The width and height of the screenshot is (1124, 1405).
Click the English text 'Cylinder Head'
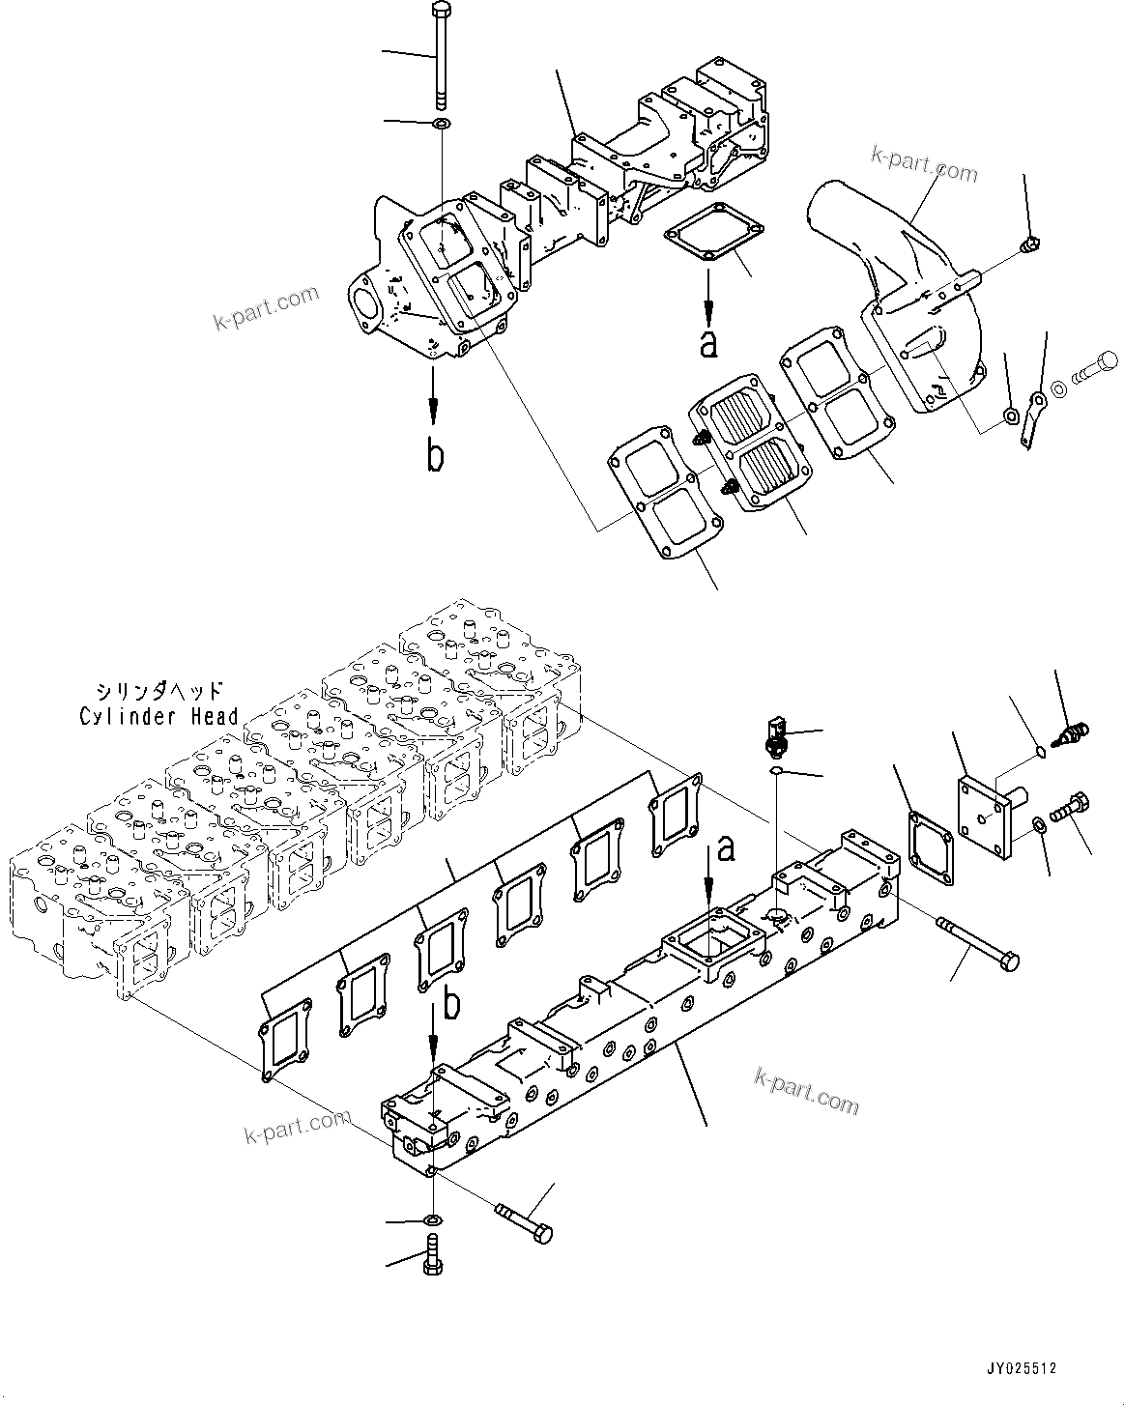pyautogui.click(x=159, y=716)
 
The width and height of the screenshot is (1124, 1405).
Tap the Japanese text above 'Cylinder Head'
pyautogui.click(x=159, y=691)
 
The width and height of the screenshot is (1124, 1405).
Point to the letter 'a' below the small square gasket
pyautogui.click(x=708, y=344)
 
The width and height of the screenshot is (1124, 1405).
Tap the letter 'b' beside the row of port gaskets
pyautogui.click(x=451, y=1007)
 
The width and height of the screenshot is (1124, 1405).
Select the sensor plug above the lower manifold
pyautogui.click(x=776, y=735)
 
